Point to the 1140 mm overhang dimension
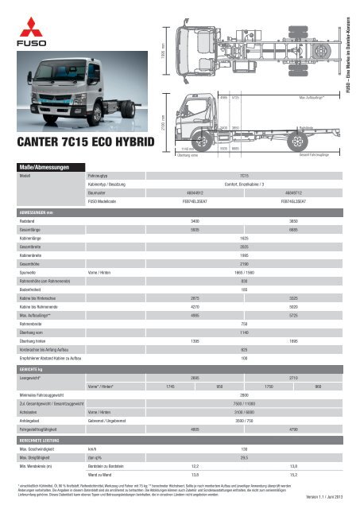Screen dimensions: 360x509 tap(188, 149)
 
